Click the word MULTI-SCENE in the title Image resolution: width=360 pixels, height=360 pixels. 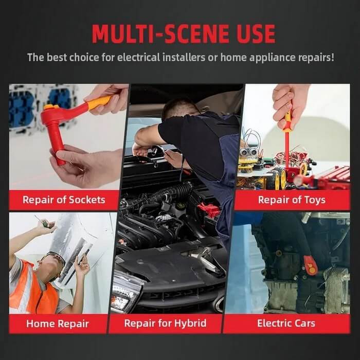(x=160, y=34)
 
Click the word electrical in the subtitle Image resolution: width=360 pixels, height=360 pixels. (x=138, y=57)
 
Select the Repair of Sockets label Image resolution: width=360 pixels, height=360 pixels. (x=64, y=200)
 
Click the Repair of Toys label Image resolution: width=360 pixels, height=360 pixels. (x=292, y=200)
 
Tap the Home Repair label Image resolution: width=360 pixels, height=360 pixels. (x=58, y=323)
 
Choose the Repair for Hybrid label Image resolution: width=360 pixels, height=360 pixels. (x=165, y=323)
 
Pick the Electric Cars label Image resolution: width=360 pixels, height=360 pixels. (x=286, y=323)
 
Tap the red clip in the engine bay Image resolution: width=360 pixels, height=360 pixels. (x=208, y=209)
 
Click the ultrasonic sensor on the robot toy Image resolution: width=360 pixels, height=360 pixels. (x=248, y=152)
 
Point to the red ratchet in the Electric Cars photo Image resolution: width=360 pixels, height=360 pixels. (x=310, y=264)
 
